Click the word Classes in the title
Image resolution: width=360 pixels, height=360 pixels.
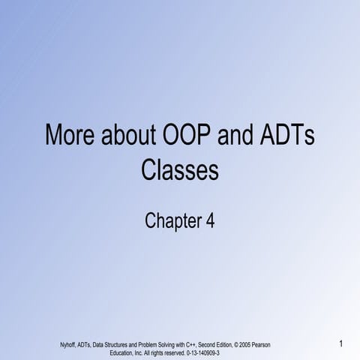pyautogui.click(x=180, y=172)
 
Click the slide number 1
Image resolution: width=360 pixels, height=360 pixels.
pyautogui.click(x=340, y=343)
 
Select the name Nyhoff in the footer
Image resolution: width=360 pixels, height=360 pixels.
pyautogui.click(x=67, y=344)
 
